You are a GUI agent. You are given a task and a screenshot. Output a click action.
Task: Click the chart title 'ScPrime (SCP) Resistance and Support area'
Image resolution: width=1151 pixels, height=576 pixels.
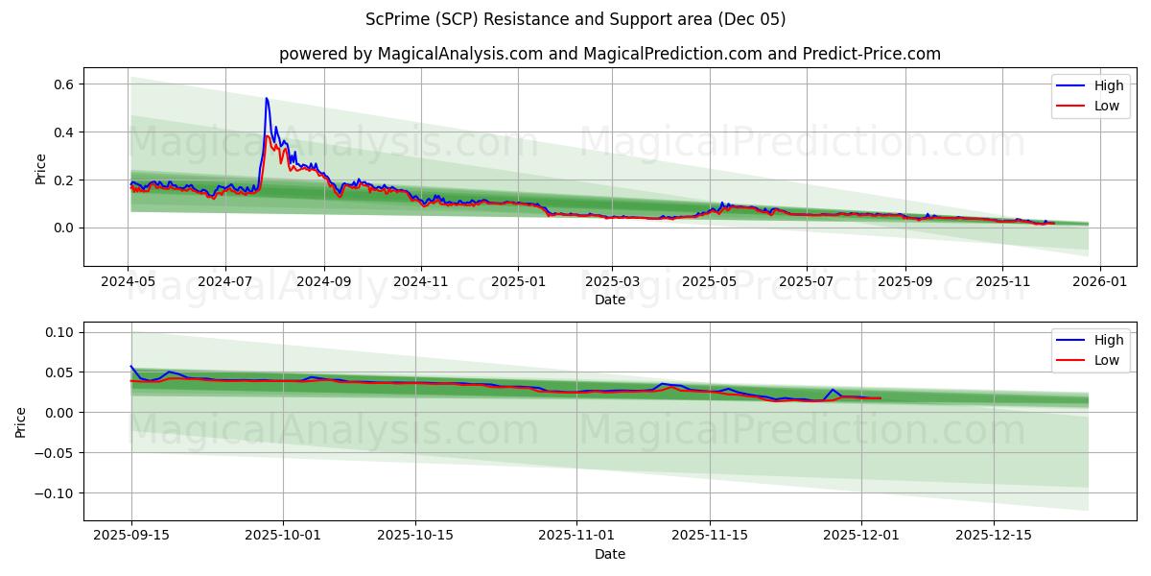(x=575, y=19)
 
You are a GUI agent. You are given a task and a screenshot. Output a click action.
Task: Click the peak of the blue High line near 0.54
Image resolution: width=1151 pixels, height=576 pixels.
(x=267, y=98)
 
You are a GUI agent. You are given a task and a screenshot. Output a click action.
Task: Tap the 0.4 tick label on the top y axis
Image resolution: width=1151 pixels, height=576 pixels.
(x=63, y=132)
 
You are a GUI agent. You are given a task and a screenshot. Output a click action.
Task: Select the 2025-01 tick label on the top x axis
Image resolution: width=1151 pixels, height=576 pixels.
(x=518, y=282)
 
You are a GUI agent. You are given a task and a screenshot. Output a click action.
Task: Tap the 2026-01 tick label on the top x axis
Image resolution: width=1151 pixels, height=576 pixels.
(x=1099, y=282)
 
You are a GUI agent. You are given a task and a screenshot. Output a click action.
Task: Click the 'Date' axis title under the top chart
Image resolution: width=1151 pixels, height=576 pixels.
(x=609, y=300)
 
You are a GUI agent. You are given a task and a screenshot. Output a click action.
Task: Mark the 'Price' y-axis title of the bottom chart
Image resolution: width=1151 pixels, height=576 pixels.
(x=22, y=421)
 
